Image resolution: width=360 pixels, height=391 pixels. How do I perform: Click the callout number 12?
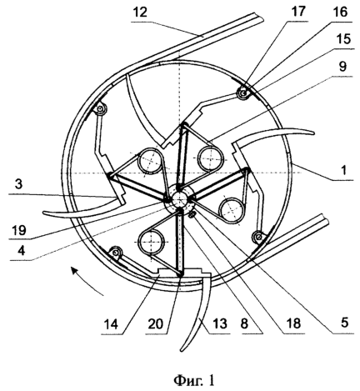[140, 13]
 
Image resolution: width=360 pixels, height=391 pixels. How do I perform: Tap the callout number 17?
[298, 12]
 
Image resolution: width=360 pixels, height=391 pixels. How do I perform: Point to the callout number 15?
[343, 39]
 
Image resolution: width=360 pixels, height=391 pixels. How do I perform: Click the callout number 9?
[342, 67]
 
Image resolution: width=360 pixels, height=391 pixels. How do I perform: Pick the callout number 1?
[344, 170]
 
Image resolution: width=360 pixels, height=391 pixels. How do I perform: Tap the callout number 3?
[18, 184]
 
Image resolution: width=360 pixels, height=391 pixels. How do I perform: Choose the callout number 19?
[19, 230]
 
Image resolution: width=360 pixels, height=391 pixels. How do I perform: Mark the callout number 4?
[21, 250]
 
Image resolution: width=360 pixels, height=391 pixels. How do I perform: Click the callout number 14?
[112, 324]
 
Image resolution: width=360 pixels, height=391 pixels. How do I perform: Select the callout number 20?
[156, 324]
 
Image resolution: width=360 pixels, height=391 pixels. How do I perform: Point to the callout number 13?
[220, 323]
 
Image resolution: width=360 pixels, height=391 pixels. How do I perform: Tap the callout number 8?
[244, 323]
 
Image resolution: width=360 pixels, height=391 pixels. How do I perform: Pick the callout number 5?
[344, 323]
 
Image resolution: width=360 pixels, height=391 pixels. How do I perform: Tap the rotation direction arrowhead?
[74, 270]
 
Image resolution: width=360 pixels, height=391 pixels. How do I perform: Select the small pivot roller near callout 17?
[243, 93]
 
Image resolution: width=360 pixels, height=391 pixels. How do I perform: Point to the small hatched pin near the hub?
[192, 214]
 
